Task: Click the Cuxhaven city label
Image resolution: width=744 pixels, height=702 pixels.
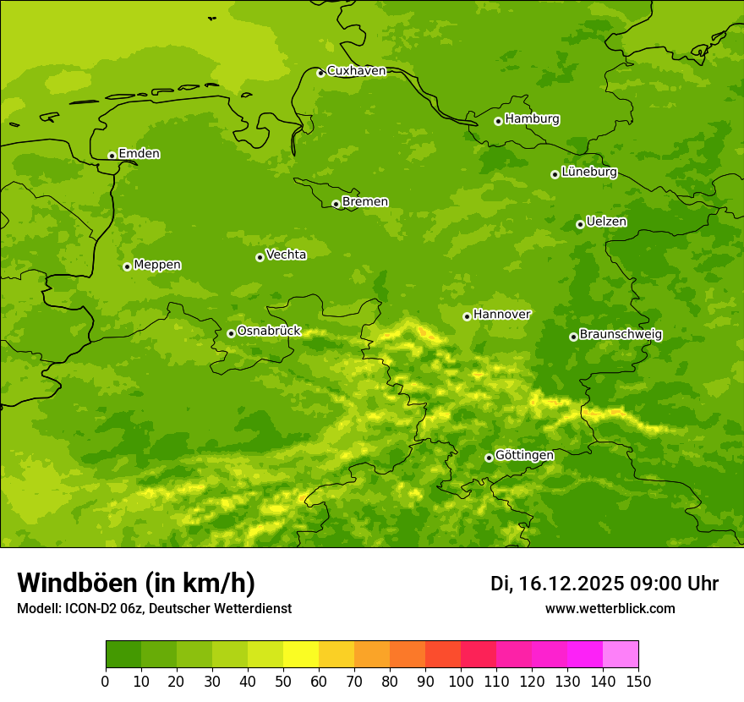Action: (356, 71)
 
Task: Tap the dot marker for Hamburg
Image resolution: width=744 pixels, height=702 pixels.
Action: (498, 121)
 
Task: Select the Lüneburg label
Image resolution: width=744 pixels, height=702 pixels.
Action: (588, 172)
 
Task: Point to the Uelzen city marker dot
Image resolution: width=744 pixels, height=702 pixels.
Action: (580, 224)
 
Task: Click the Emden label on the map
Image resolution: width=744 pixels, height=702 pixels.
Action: (139, 154)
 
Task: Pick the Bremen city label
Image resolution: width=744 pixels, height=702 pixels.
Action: (364, 202)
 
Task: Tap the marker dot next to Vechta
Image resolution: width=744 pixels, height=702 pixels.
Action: (260, 257)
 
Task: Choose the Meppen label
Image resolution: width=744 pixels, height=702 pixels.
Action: (157, 265)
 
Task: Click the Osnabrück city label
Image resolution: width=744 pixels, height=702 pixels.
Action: (268, 331)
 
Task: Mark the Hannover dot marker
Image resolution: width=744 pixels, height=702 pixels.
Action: (467, 316)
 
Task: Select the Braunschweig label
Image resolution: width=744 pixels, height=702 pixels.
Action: (621, 335)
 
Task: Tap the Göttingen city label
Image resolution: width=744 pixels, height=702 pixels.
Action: (524, 455)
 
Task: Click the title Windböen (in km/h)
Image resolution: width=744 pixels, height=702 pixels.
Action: (136, 583)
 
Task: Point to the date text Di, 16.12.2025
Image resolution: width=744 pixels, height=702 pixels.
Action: (556, 584)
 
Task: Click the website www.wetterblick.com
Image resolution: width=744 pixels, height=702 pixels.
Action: (610, 609)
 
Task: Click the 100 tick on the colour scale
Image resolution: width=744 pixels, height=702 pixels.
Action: (461, 681)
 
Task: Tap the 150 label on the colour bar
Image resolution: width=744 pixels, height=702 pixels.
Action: (638, 681)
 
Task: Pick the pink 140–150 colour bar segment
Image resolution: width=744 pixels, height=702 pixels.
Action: (621, 655)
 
